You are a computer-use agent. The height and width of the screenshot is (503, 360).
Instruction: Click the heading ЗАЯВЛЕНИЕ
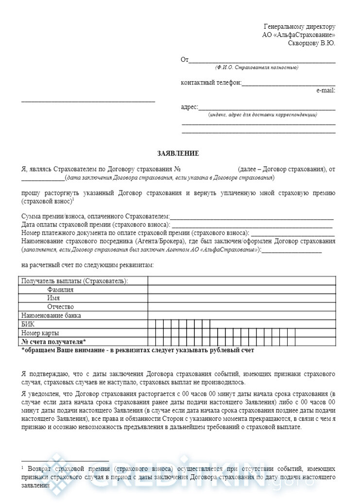click(x=178, y=154)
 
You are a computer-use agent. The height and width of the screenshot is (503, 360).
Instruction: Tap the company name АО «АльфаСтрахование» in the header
click(x=299, y=35)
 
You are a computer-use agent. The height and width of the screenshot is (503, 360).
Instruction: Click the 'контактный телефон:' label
click(x=211, y=83)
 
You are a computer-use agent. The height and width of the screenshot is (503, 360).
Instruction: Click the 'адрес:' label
click(x=189, y=107)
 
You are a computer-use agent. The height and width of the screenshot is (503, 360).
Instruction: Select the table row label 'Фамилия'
click(x=60, y=290)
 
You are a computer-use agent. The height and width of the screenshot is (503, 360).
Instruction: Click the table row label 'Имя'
click(x=53, y=298)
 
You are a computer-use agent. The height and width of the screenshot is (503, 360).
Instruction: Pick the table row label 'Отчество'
click(x=60, y=307)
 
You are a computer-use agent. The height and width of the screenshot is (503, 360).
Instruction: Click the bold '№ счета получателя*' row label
click(x=54, y=341)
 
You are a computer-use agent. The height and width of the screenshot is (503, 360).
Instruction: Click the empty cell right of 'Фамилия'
click(x=241, y=290)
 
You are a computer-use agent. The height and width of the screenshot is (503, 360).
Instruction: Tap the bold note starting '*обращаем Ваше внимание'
click(x=138, y=350)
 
